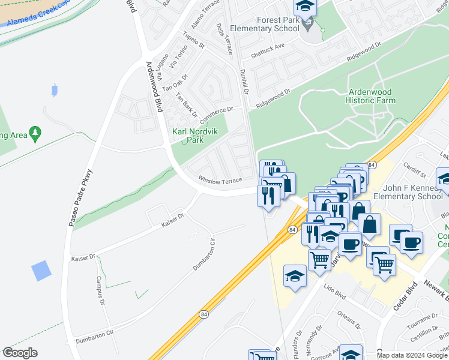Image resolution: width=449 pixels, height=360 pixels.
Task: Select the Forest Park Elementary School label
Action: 277,24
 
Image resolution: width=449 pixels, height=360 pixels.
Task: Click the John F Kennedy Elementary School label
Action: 408,192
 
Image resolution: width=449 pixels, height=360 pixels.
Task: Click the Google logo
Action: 20,353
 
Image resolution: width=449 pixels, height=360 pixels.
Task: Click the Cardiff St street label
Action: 414,170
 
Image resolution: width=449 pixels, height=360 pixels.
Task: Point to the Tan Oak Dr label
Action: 176,81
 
